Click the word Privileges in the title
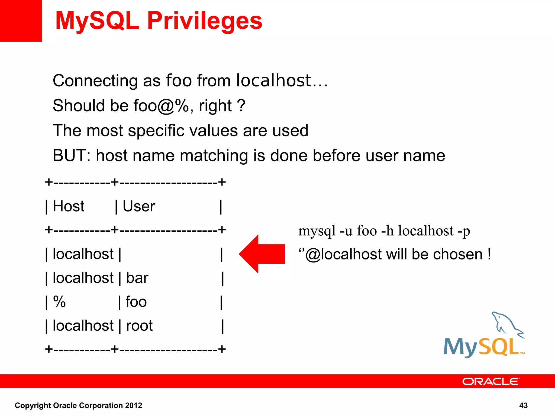point(205,21)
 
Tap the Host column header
point(69,206)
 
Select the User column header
point(139,206)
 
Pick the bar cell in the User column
point(137,278)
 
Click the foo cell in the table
point(136,302)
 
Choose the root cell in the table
point(139,326)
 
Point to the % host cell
point(59,302)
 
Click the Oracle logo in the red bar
point(491,381)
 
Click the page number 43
point(523,405)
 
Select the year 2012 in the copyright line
point(133,405)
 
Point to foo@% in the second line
point(161,106)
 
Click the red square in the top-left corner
point(21,21)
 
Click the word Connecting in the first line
point(95,81)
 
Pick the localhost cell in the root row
point(83,326)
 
